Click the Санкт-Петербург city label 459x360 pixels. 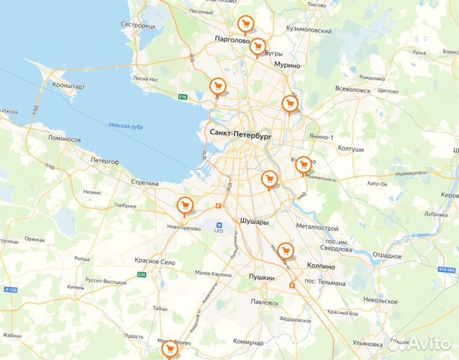click(x=241, y=133)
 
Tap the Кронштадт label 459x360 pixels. click(x=69, y=87)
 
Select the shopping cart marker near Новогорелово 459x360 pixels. click(x=185, y=205)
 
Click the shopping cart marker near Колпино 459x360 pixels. click(x=286, y=251)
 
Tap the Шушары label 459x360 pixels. click(x=254, y=221)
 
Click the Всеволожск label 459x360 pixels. click(x=352, y=89)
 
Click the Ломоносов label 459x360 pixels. click(x=65, y=139)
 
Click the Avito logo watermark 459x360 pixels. click(x=420, y=343)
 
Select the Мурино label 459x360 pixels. click(x=287, y=65)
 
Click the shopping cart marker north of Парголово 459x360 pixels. click(x=246, y=25)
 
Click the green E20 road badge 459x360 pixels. click(x=141, y=275)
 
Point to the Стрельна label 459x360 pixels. click(x=145, y=183)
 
